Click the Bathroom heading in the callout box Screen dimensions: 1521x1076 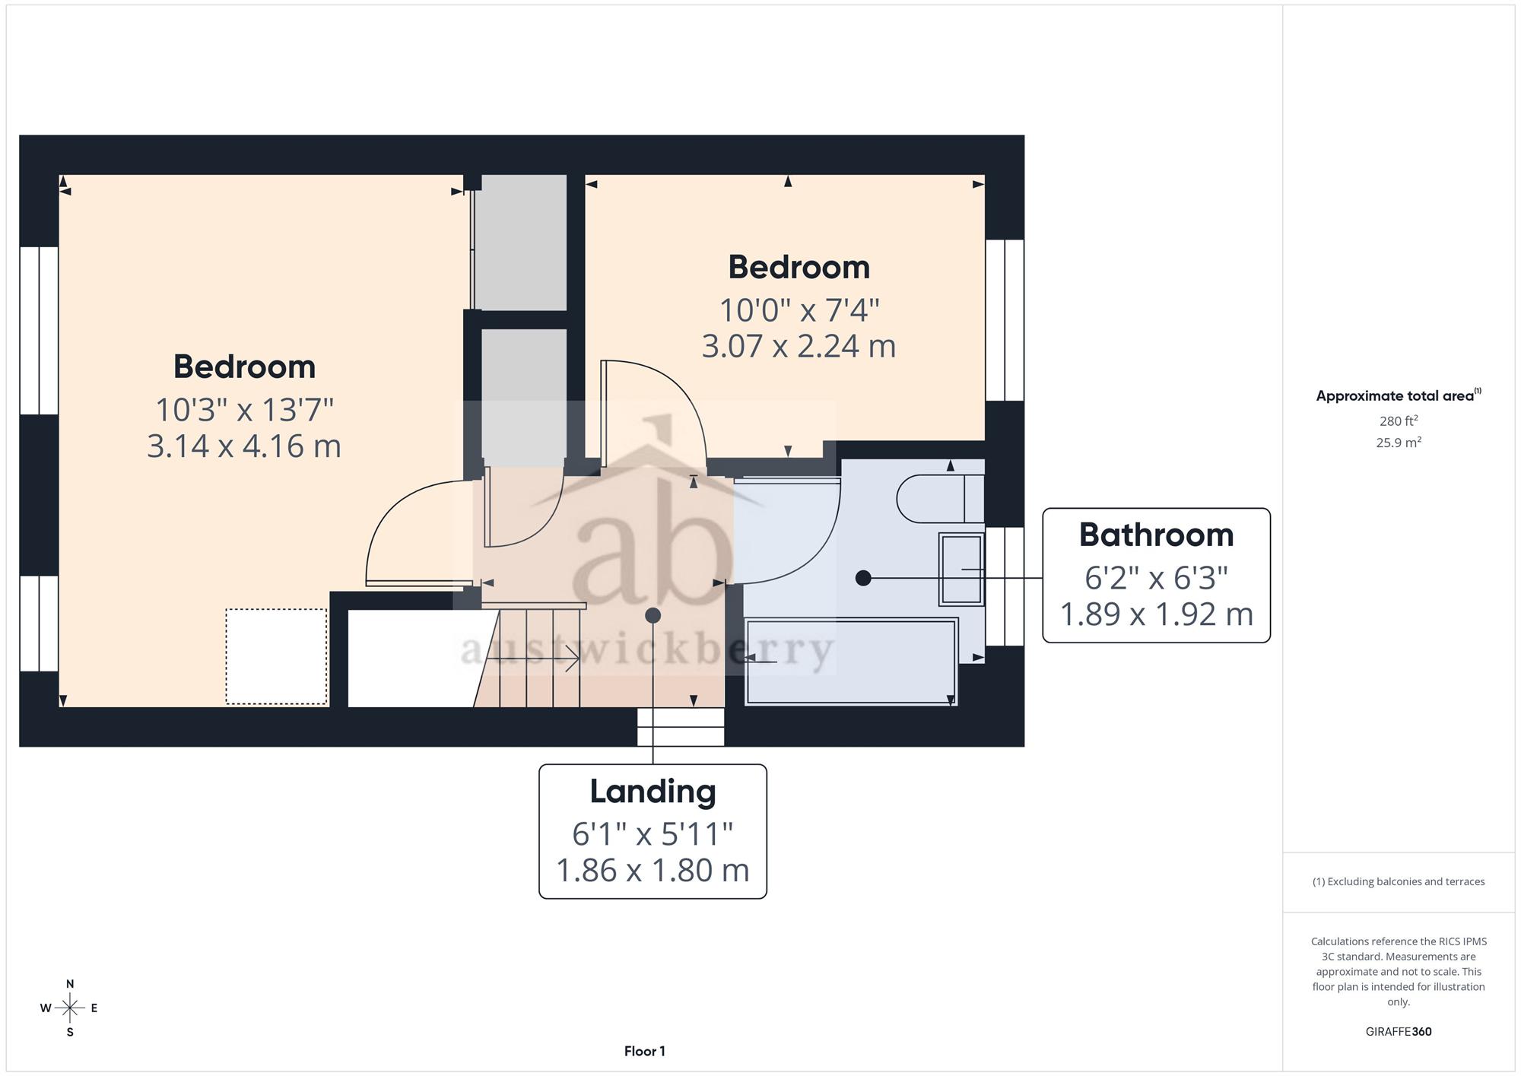(x=1156, y=535)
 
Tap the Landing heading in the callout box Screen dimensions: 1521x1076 (x=653, y=792)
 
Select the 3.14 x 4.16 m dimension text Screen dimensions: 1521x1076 (x=244, y=446)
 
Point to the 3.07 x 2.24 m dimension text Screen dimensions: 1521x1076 (x=799, y=346)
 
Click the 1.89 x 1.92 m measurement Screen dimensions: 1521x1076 (x=1156, y=614)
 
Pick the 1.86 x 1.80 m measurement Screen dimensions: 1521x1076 (x=653, y=871)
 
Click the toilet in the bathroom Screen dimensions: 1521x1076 (x=941, y=499)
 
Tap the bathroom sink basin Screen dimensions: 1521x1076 (x=962, y=569)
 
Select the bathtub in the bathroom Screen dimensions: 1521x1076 (x=851, y=662)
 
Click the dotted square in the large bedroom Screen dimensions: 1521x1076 (x=276, y=656)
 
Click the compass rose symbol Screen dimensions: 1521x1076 (x=70, y=1008)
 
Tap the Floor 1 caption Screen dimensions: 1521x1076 (x=645, y=1052)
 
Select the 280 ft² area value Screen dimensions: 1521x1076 (x=1399, y=421)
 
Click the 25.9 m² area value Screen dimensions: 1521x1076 (x=1399, y=442)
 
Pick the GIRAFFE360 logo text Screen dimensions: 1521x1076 (x=1399, y=1032)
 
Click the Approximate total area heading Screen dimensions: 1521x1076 (x=1399, y=395)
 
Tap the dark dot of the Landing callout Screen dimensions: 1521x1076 (x=653, y=615)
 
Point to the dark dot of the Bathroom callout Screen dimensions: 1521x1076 (x=863, y=578)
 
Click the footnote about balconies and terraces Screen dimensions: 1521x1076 (x=1399, y=882)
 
